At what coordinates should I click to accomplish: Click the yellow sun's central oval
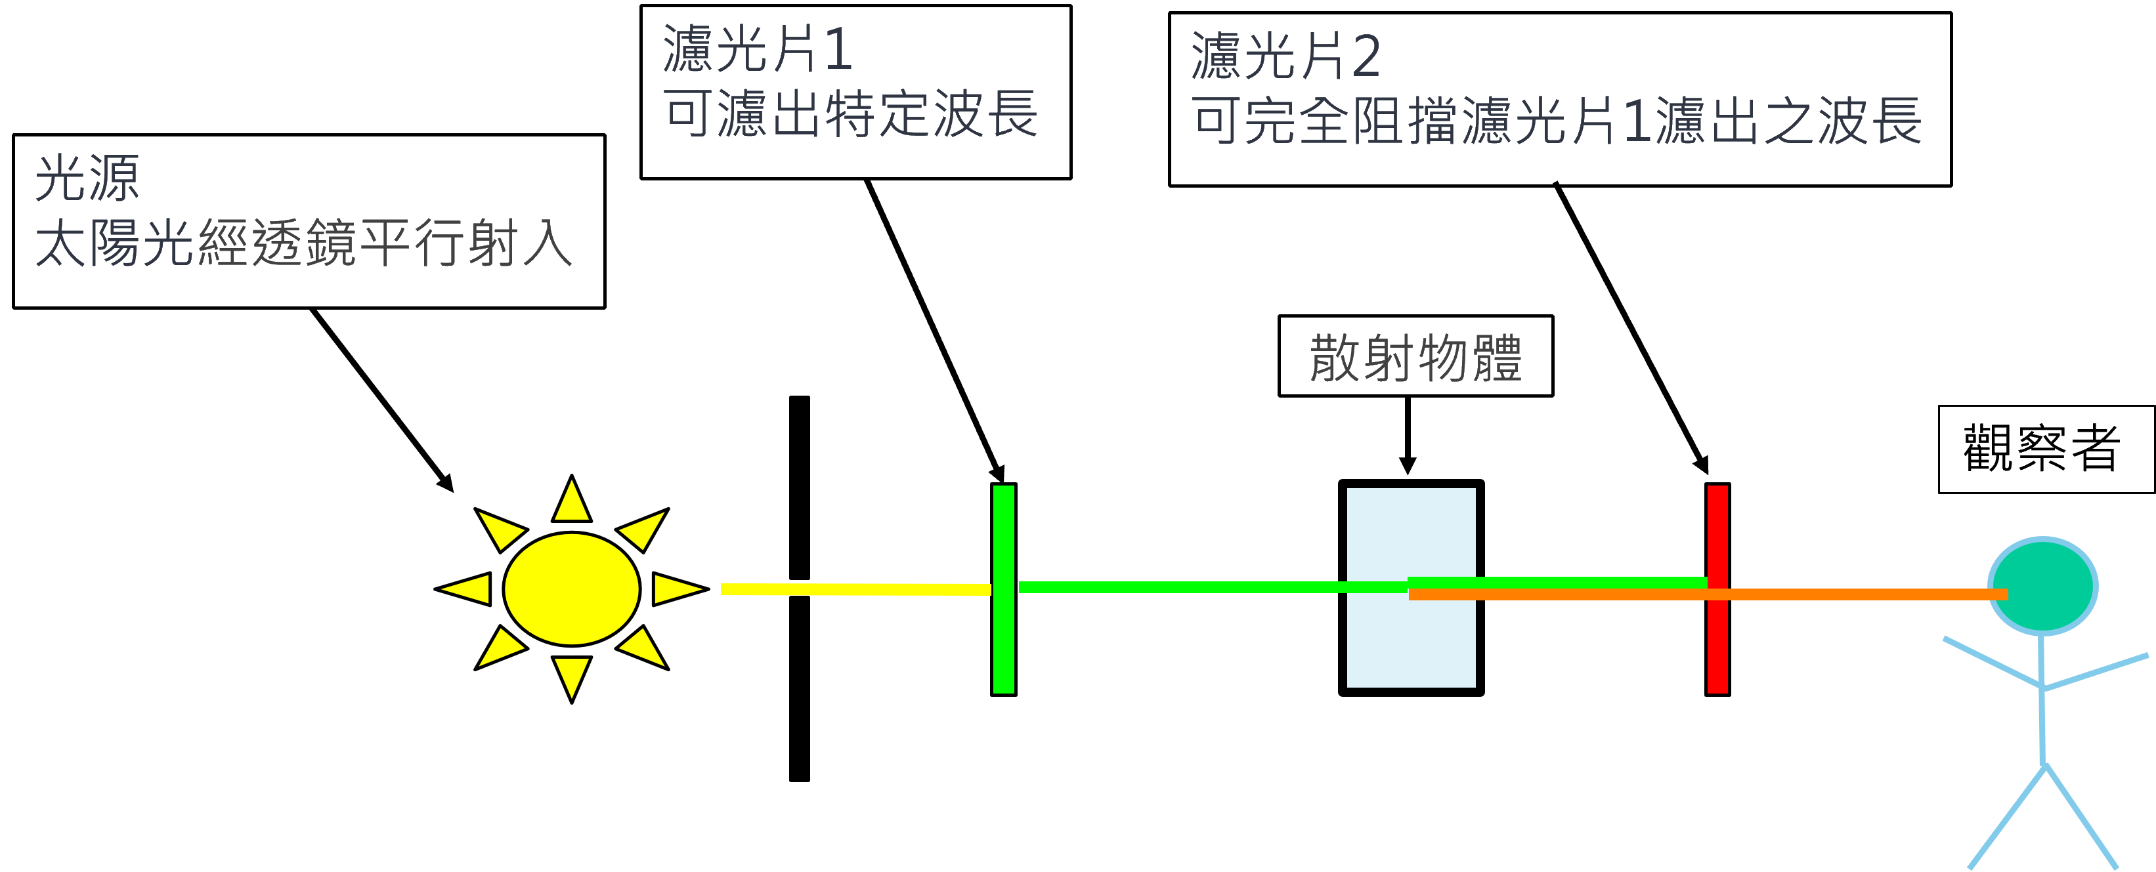pos(572,589)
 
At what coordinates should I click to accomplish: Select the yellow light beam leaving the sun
pos(853,589)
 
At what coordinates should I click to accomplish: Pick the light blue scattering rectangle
pos(1411,535)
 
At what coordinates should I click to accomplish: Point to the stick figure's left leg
pos(2007,817)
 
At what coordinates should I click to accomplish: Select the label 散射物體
pos(1415,358)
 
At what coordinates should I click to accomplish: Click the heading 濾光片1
pos(758,49)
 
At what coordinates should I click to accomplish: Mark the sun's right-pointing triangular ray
pos(676,589)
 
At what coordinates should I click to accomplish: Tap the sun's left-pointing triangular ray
pos(467,589)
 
